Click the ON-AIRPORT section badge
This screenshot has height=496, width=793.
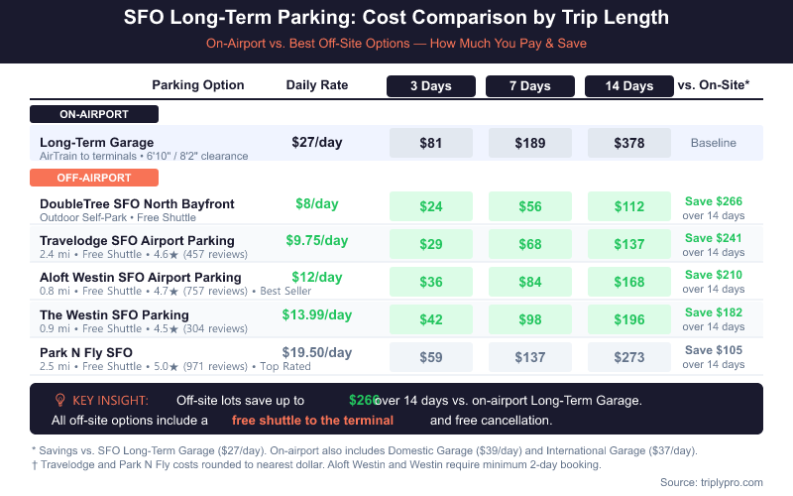(94, 114)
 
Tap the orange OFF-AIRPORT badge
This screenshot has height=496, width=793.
(94, 178)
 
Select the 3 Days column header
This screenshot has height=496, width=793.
(431, 86)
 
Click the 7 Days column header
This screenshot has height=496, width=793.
(530, 86)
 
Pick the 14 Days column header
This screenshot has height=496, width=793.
(629, 86)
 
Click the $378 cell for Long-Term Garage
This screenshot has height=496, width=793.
(629, 143)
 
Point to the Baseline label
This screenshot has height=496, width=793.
(714, 143)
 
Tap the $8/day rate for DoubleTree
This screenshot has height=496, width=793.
(317, 204)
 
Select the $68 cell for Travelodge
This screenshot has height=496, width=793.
(530, 244)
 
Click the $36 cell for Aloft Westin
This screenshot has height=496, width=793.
(431, 282)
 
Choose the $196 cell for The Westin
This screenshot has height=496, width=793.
(629, 319)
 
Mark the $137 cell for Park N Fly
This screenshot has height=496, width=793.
(530, 357)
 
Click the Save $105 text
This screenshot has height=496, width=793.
(714, 350)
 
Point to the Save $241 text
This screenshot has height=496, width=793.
(714, 238)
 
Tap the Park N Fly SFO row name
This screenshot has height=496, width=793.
(86, 353)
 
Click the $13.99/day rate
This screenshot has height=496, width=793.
(317, 315)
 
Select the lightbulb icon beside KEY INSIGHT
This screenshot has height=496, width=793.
(59, 400)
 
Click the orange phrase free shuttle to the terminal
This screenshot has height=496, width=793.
(312, 421)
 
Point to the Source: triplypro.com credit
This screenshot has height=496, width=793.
(712, 482)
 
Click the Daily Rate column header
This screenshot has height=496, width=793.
(317, 85)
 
